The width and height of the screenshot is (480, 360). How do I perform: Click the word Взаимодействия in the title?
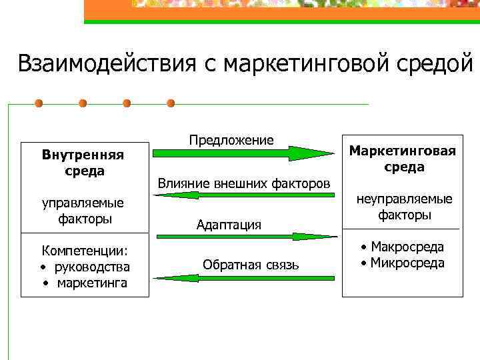[103, 64]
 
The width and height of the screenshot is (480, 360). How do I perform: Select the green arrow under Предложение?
[244, 153]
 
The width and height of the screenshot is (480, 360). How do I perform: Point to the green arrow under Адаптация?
[244, 236]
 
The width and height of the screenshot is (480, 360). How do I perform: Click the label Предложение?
[231, 140]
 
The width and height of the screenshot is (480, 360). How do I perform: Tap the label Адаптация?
[229, 225]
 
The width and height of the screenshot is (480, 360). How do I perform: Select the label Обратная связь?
[251, 265]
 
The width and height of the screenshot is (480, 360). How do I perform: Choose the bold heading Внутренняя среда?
[83, 163]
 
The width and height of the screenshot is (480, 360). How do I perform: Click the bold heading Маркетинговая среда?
[403, 159]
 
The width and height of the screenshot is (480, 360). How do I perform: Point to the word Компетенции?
[85, 251]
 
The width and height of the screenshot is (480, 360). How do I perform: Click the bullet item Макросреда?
[407, 247]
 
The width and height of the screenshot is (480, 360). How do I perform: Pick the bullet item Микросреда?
[407, 263]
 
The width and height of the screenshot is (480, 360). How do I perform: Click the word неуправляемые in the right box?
[404, 199]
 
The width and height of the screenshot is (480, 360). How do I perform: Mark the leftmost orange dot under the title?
[39, 103]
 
